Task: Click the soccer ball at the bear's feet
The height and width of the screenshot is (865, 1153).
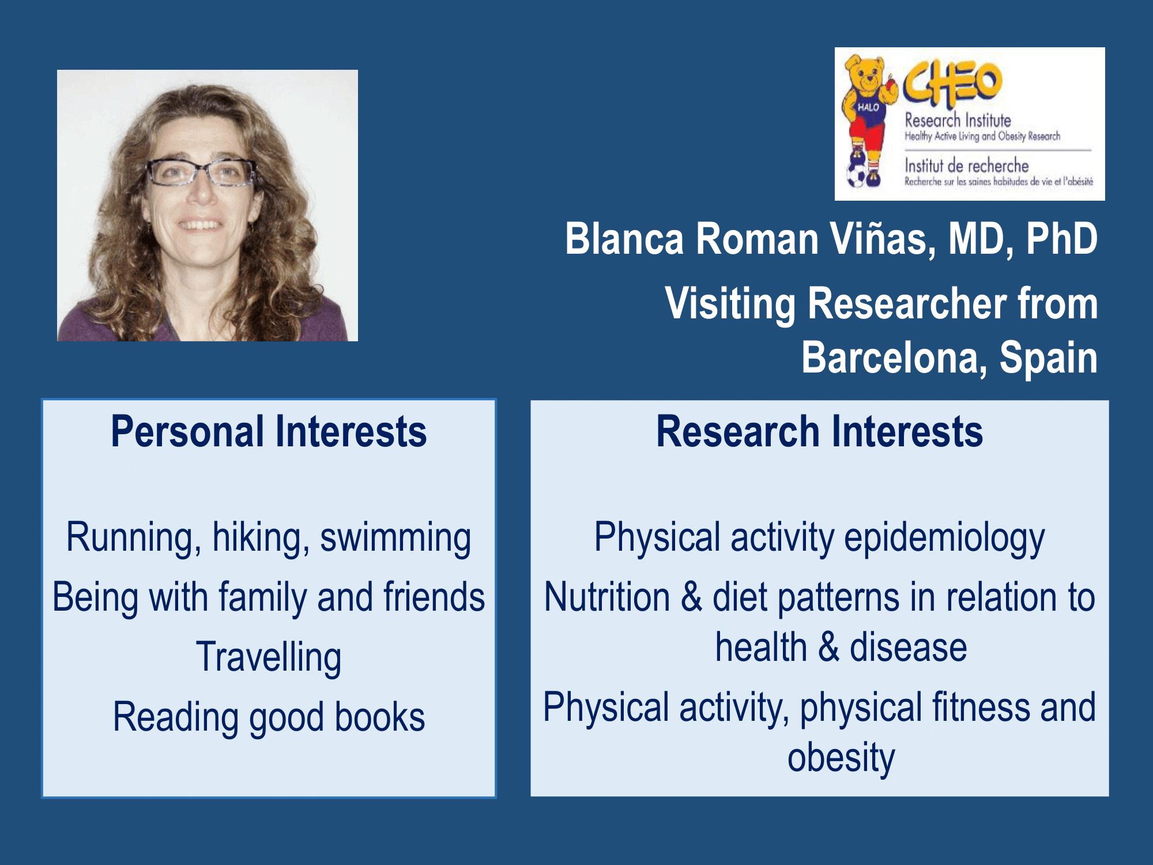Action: tap(857, 175)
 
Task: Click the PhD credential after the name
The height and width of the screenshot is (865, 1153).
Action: tap(1061, 239)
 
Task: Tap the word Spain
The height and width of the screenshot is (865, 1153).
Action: tap(1049, 359)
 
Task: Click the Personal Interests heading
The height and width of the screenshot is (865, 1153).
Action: tap(269, 431)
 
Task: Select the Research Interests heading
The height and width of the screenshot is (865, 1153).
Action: tap(819, 431)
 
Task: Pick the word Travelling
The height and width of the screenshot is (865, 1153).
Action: tap(269, 657)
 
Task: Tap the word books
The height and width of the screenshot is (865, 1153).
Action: tap(380, 717)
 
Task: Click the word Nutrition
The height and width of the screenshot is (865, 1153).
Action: tap(607, 597)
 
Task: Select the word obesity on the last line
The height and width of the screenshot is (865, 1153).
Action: tap(841, 758)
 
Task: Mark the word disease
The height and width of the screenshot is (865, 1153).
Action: tap(908, 648)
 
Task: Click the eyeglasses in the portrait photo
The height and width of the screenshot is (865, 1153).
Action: tap(201, 172)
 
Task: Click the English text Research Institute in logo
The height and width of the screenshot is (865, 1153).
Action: tap(958, 121)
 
